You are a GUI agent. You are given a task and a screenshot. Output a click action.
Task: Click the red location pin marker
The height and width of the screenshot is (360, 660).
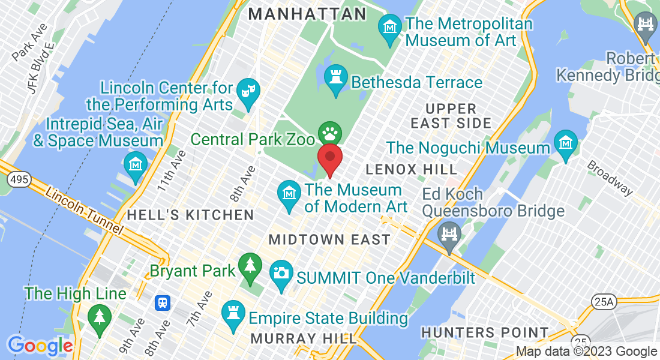point(329,157)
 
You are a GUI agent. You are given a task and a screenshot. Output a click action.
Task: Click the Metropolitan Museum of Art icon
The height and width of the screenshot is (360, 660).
point(389,28)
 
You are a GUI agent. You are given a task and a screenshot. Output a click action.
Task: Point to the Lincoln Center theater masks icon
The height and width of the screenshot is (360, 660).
point(248,91)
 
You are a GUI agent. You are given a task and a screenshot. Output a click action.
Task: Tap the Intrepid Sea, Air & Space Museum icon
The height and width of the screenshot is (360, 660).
point(136,164)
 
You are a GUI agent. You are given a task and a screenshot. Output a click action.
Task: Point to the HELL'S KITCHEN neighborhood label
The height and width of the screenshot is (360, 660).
point(190,215)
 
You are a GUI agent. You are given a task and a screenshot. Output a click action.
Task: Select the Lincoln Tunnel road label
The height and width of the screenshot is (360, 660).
point(84,212)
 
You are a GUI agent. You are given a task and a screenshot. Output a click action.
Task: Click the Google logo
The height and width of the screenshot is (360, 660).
point(40,346)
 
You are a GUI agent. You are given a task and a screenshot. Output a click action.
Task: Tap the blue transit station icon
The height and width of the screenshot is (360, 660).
point(162,303)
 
